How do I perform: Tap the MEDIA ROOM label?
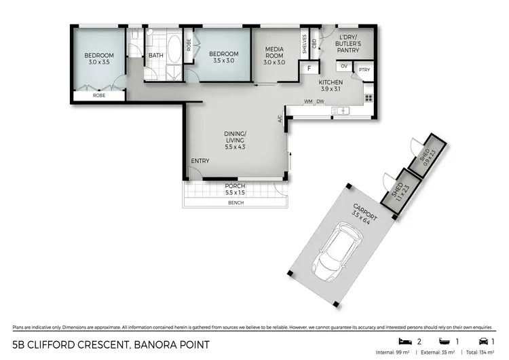point(274,54)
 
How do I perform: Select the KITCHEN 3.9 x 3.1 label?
point(331,86)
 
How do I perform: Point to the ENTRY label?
point(200,161)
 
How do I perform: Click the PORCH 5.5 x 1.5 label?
point(235,190)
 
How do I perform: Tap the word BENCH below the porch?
point(235,202)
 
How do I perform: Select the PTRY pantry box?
point(364,69)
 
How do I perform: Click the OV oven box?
point(344,66)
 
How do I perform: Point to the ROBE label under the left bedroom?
point(99,96)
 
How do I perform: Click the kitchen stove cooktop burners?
point(369,97)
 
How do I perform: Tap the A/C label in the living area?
point(280,119)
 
